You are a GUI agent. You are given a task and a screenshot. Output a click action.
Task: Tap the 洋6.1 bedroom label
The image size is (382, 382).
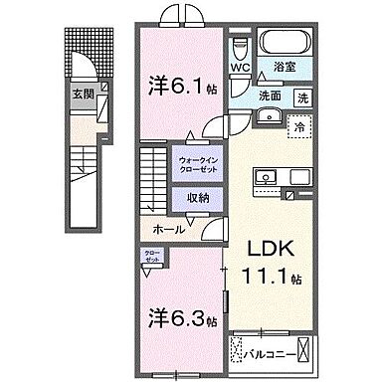[176, 86]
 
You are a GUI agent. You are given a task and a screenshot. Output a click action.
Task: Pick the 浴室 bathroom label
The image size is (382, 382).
[287, 67]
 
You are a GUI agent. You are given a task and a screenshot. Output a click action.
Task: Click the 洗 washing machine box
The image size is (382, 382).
[302, 97]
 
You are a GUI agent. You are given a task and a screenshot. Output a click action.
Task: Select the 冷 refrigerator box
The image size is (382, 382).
[296, 126]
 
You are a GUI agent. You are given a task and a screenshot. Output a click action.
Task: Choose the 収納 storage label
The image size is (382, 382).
[198, 195]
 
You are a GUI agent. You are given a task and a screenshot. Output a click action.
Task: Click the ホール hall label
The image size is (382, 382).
[165, 229]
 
